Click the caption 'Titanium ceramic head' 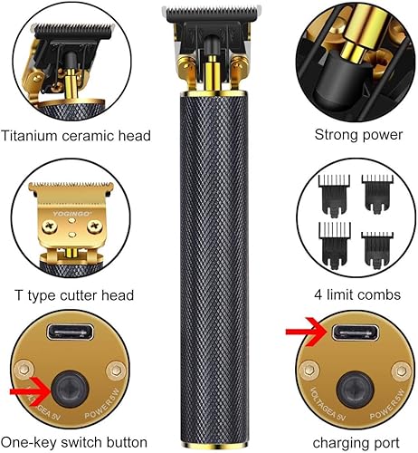[76, 137]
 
